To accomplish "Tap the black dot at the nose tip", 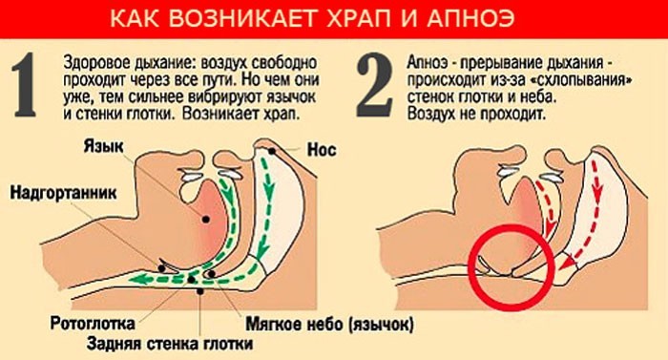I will (x=273, y=149).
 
